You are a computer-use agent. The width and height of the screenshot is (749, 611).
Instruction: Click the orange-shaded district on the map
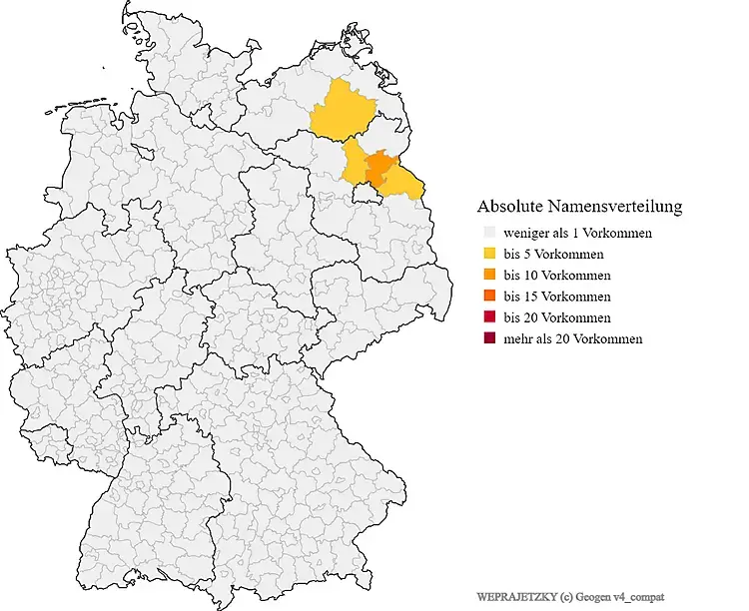(378, 168)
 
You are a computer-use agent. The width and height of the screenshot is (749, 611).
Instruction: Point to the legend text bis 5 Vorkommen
(553, 255)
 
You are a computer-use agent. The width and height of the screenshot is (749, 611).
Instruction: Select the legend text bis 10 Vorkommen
(557, 276)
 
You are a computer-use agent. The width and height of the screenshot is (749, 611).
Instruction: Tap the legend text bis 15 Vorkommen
(557, 297)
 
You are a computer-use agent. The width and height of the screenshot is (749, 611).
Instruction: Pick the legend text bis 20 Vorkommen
(557, 317)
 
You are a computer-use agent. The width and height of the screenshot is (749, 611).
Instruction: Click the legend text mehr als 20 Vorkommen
(573, 339)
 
